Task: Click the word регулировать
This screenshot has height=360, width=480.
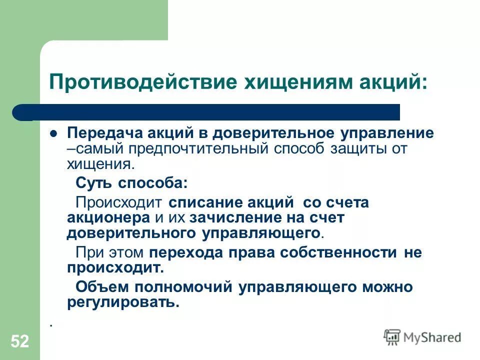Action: coord(122,302)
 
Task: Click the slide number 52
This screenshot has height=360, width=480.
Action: coord(19,342)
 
